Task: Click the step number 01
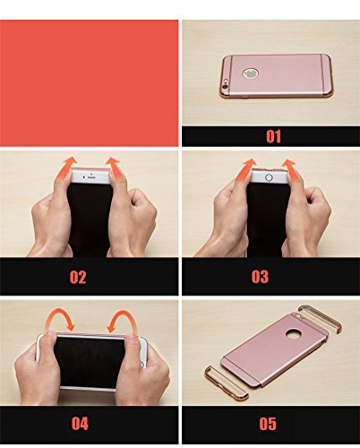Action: (273, 136)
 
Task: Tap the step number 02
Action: (78, 277)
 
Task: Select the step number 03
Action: (260, 277)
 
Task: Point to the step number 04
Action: (80, 423)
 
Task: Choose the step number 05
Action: (268, 424)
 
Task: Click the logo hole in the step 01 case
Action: (250, 73)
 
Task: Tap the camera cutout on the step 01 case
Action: (226, 82)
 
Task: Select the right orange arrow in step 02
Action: (115, 168)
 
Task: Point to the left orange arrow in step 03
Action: (247, 169)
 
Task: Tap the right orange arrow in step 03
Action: (290, 170)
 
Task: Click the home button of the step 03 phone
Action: (269, 177)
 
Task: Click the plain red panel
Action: (89, 83)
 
